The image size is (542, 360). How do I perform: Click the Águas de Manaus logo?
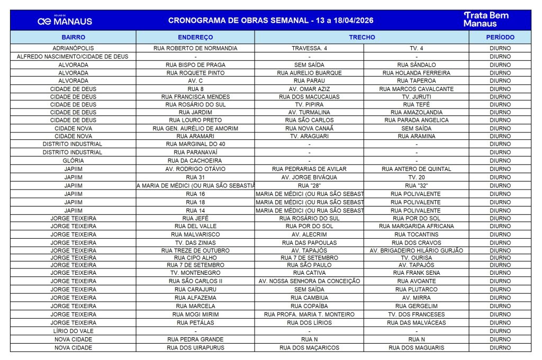pos(65,21)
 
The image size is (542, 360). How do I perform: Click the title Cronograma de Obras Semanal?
pos(270,21)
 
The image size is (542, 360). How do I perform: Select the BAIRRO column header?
pos(73,38)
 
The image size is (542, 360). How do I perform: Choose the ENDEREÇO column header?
pos(195,38)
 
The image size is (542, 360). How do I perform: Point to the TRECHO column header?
pos(362,38)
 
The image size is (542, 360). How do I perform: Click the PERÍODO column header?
pos(500,38)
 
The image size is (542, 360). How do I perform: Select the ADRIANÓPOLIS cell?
pos(73,48)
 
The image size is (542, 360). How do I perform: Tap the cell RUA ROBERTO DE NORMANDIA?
pos(195,48)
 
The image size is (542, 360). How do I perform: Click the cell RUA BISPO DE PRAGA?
pos(195,65)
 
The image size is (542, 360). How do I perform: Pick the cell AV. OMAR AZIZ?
pos(309,89)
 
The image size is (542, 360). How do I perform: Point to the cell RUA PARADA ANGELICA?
pos(416,120)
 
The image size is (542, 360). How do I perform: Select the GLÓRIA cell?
pos(73,160)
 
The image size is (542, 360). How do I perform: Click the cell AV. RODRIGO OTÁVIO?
pos(195,169)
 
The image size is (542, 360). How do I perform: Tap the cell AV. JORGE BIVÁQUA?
pos(309,177)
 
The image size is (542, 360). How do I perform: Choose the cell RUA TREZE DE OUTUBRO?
pos(195,250)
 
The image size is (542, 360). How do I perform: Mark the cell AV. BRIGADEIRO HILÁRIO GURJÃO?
pos(416,250)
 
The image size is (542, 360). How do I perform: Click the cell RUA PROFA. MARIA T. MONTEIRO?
pos(309,314)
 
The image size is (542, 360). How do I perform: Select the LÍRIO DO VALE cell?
pos(73,331)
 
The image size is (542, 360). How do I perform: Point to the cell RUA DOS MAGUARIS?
pos(416,348)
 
